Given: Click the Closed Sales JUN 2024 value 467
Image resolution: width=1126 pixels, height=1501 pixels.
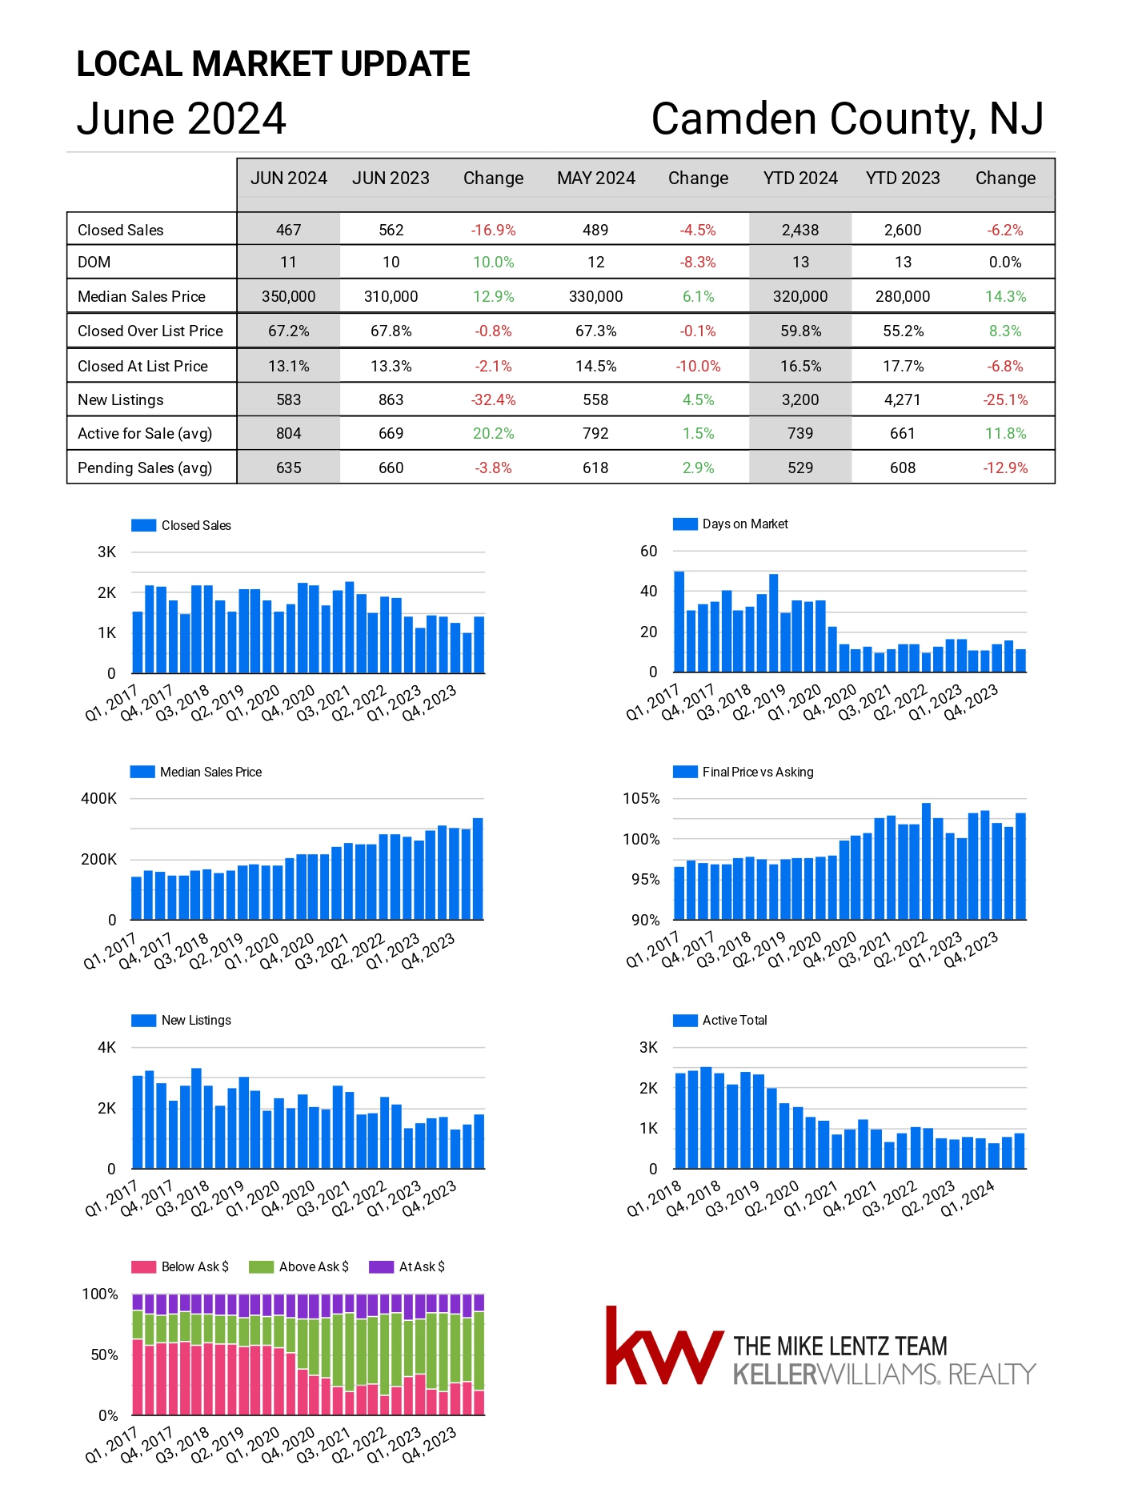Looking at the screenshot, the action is tap(288, 230).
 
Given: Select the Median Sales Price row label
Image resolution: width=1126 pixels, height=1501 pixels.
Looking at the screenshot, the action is tap(142, 296).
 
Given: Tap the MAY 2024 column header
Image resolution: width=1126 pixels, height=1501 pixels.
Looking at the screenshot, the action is tap(596, 178).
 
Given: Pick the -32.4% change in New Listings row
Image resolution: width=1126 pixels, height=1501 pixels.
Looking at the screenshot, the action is tap(493, 399).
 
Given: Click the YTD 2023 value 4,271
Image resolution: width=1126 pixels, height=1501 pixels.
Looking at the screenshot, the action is tap(903, 399).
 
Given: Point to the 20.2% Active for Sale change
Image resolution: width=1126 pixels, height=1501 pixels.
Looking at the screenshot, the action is tap(493, 433).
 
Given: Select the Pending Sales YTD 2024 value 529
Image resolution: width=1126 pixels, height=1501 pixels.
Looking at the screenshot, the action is tap(800, 468).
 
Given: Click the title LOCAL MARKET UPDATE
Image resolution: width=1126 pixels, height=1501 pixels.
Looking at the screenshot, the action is tap(273, 64).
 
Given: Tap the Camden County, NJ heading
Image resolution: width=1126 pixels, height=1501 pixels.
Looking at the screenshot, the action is tap(848, 118).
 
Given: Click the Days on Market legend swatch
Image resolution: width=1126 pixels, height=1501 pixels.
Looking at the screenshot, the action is tap(685, 524).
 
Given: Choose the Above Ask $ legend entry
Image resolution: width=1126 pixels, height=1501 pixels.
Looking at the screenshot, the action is tap(299, 1266).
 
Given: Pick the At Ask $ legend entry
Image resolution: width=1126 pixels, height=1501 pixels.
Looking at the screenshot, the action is tap(407, 1266).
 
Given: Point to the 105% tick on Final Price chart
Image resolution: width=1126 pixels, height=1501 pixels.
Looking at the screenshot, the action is tap(641, 798).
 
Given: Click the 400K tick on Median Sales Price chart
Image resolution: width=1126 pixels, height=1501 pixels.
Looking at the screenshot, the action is tap(98, 798).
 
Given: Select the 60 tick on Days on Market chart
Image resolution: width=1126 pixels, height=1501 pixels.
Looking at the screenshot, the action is tap(648, 551).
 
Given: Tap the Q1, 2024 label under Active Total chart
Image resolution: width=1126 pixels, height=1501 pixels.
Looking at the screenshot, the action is tap(968, 1198).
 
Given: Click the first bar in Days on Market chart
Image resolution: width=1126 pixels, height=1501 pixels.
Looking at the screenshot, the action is tap(679, 621).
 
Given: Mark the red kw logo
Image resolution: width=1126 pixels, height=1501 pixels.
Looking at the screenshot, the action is tap(664, 1346).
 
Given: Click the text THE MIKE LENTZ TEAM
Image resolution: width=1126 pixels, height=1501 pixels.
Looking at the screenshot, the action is tap(840, 1346).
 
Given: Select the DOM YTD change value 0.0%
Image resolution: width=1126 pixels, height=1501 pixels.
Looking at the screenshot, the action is tap(1005, 262).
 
